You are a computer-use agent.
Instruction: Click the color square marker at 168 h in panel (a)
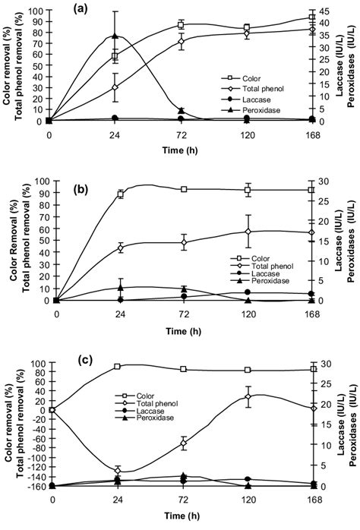pyautogui.click(x=311, y=17)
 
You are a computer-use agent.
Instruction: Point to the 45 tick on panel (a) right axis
pyautogui.click(x=330, y=11)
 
